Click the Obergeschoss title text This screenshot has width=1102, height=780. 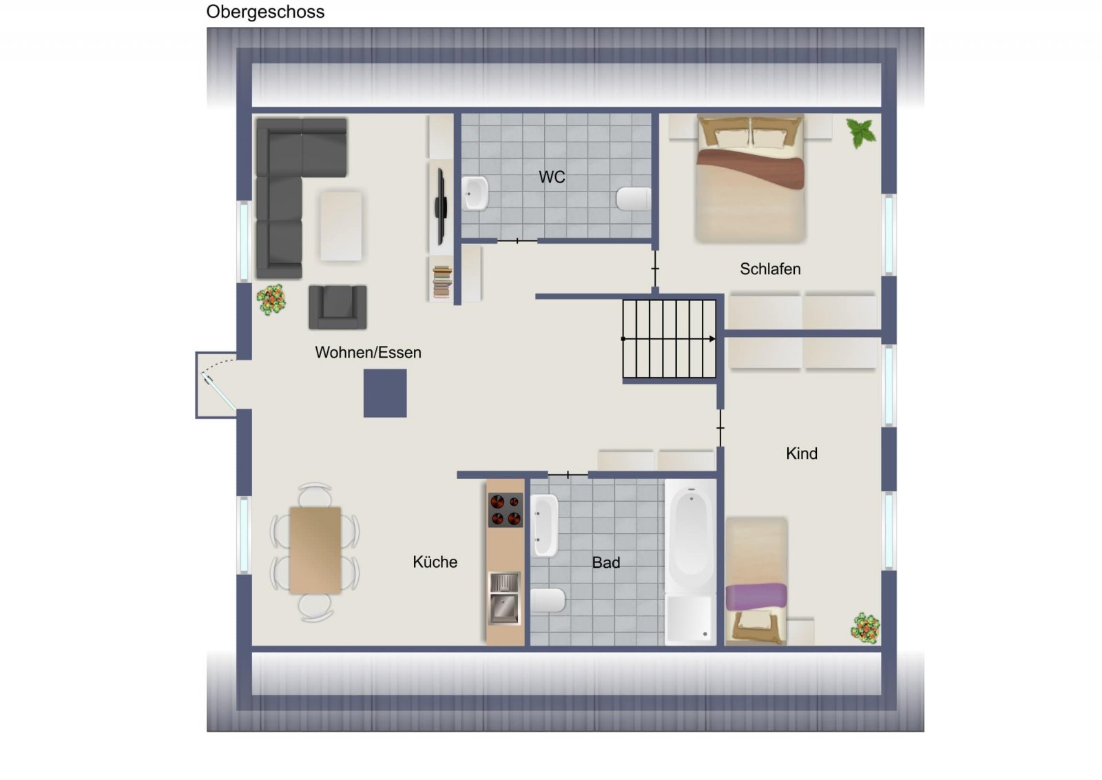(265, 12)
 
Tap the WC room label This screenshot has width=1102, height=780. (552, 177)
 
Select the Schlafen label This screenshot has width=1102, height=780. (770, 269)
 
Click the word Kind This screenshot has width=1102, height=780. (802, 453)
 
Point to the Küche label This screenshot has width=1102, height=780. (435, 562)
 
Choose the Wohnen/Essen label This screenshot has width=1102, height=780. (368, 352)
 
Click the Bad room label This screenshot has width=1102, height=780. (606, 562)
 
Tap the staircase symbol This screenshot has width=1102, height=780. (669, 338)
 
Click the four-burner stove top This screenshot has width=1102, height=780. (505, 510)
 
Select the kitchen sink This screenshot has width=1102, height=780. (504, 598)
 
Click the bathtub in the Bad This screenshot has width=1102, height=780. (690, 537)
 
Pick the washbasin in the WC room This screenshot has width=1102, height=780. (475, 193)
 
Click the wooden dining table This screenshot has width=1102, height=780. (315, 550)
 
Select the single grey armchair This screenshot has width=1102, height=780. (337, 307)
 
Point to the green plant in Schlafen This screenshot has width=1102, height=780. (861, 132)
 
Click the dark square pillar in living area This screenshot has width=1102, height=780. (385, 393)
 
